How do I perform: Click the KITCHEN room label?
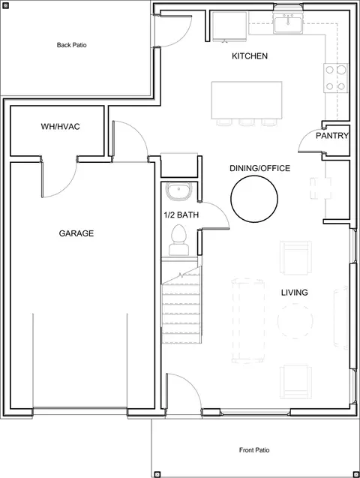(250, 56)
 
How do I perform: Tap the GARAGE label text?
(76, 233)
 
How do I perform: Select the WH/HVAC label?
(60, 127)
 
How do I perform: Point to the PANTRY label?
(332, 136)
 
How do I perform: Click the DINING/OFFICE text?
(259, 168)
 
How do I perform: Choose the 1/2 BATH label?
(181, 215)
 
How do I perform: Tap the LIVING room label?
(294, 293)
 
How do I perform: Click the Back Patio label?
(71, 45)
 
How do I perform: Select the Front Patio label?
(254, 450)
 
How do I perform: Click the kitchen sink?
(288, 24)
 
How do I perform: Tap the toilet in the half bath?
(178, 240)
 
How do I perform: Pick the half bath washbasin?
(178, 191)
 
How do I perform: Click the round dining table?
(254, 198)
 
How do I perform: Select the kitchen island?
(247, 100)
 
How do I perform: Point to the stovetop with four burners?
(335, 78)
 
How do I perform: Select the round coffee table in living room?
(295, 321)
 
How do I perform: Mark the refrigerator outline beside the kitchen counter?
(229, 26)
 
